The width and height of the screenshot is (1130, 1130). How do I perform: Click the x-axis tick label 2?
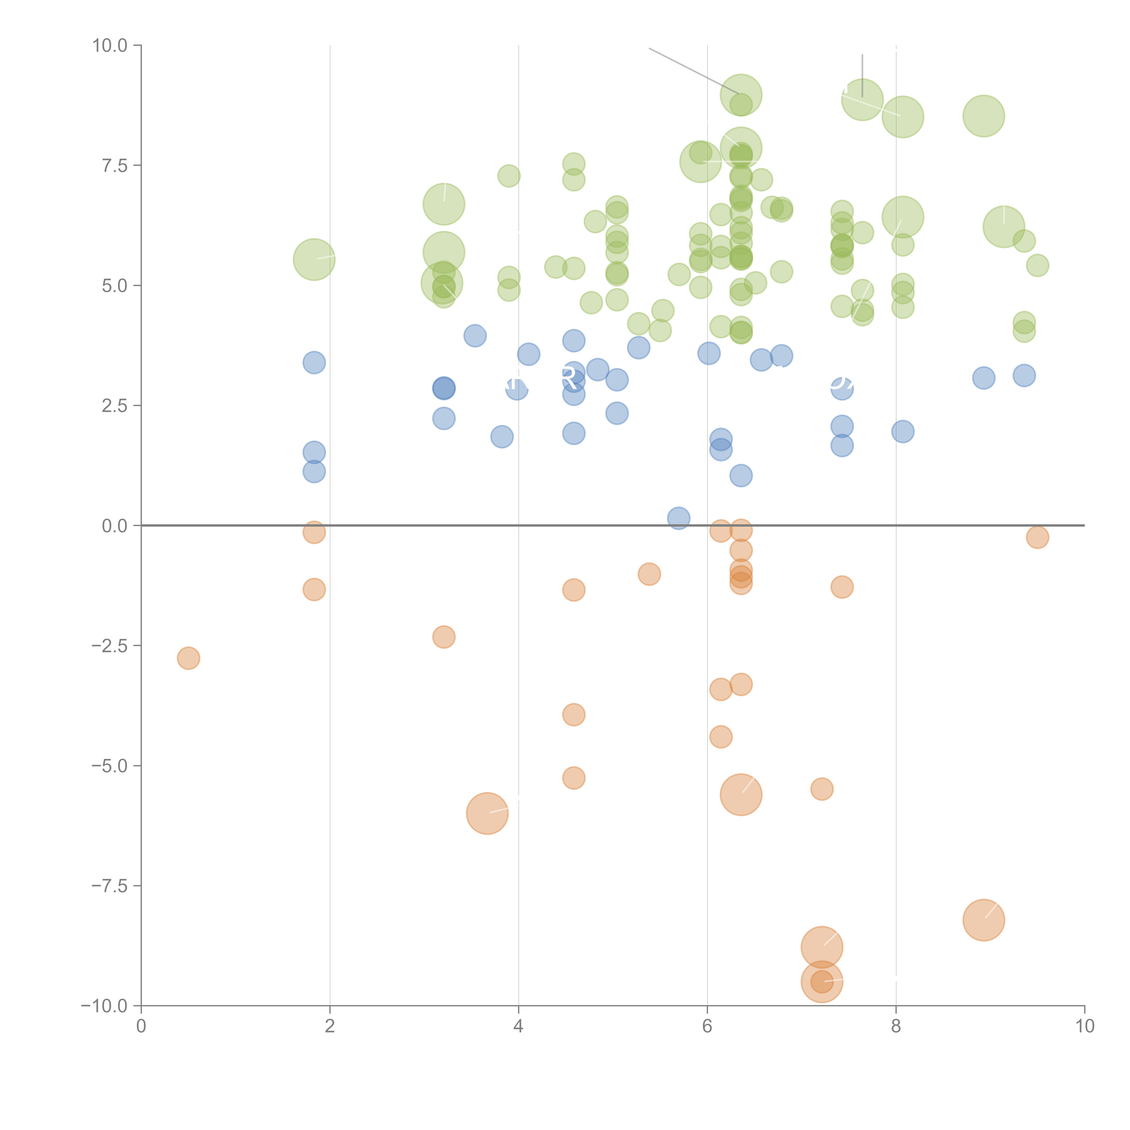click(x=330, y=1026)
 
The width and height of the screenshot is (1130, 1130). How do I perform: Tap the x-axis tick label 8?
click(x=896, y=1026)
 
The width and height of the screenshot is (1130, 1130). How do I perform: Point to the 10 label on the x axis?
click(x=1084, y=1026)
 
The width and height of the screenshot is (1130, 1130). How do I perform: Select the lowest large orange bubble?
click(x=822, y=982)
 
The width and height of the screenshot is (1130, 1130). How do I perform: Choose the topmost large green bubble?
click(x=741, y=95)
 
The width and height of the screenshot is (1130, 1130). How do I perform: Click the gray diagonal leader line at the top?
click(x=694, y=71)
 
